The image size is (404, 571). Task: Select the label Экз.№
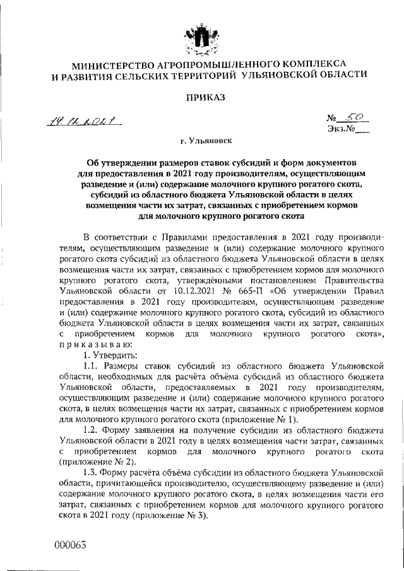341,131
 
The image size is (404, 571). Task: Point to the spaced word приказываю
95,345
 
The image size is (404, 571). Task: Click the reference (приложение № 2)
93,461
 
